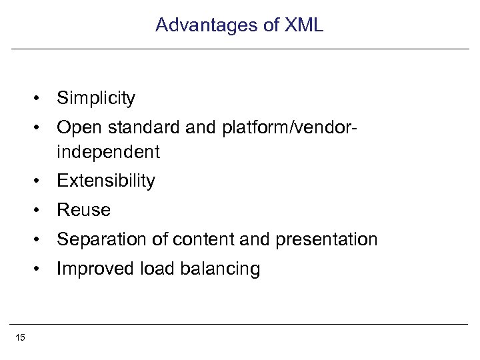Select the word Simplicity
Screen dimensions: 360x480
pos(96,99)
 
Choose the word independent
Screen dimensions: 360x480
pos(109,153)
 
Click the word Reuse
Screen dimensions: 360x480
pos(84,211)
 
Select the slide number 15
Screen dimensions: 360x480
pos(20,338)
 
